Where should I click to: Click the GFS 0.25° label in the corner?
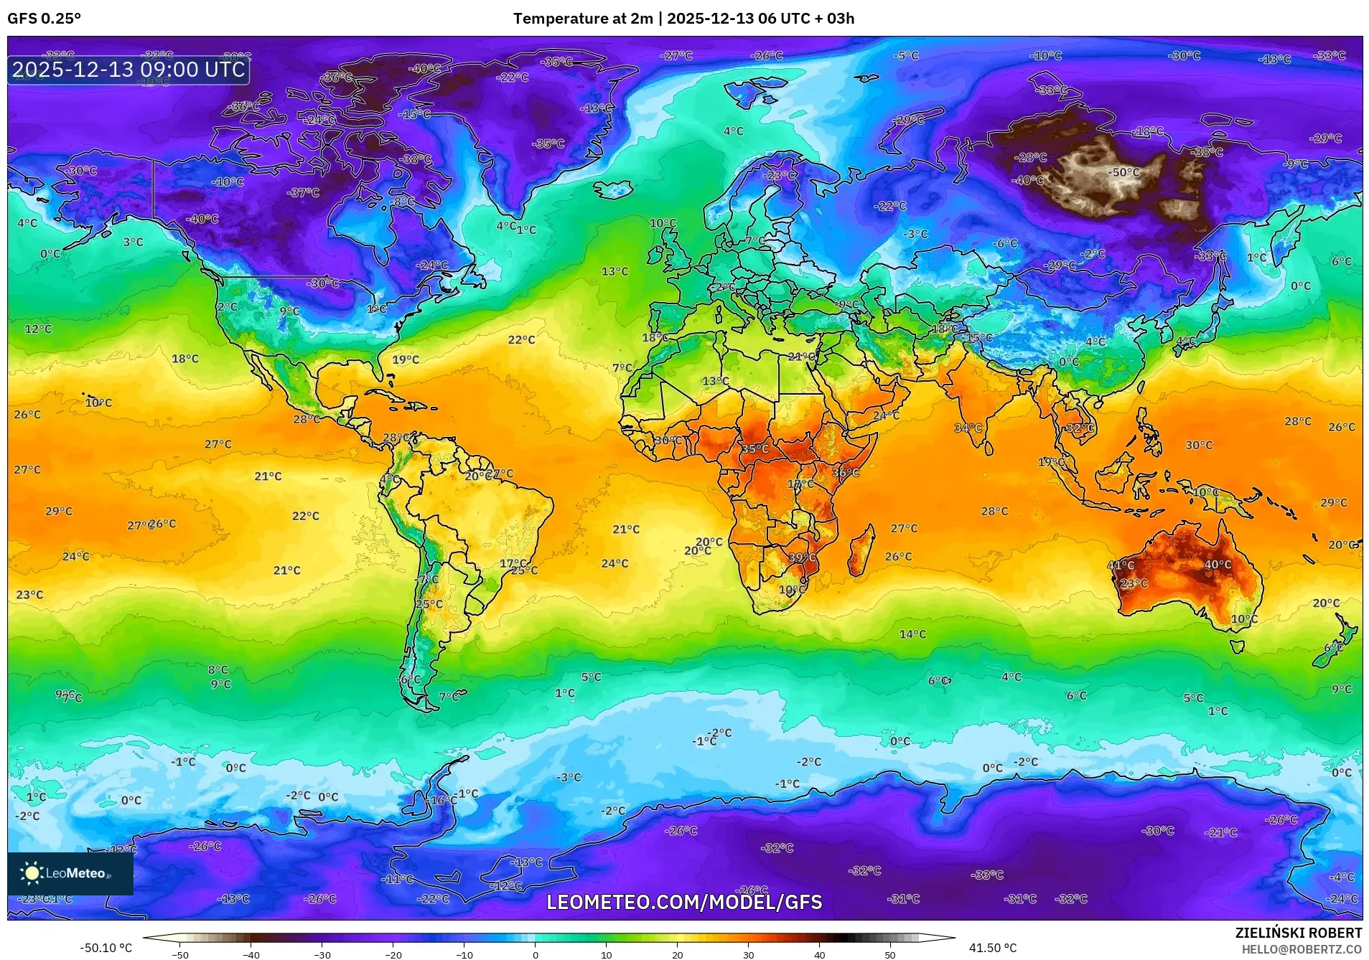pos(44,19)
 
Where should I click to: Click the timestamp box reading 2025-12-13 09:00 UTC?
pos(129,70)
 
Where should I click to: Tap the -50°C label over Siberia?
pos(1124,172)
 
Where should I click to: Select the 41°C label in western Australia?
pos(1121,565)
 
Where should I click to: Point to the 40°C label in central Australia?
pos(1218,565)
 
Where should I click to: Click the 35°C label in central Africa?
pos(754,449)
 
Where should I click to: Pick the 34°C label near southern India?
pos(968,428)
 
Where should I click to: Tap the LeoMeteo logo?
pos(70,873)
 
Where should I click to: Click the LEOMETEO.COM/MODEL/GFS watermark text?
pos(684,902)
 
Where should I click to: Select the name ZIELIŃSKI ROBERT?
pos(1298,933)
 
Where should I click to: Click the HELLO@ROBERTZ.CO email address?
pos(1302,949)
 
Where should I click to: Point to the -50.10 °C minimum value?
pos(106,948)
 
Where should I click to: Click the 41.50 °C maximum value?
pos(993,948)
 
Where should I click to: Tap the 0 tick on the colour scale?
pos(535,955)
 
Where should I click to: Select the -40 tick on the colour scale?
pos(251,955)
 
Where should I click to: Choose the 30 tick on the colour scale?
pos(748,955)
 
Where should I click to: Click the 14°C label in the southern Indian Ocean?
pos(912,634)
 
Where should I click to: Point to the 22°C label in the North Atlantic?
pos(521,340)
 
